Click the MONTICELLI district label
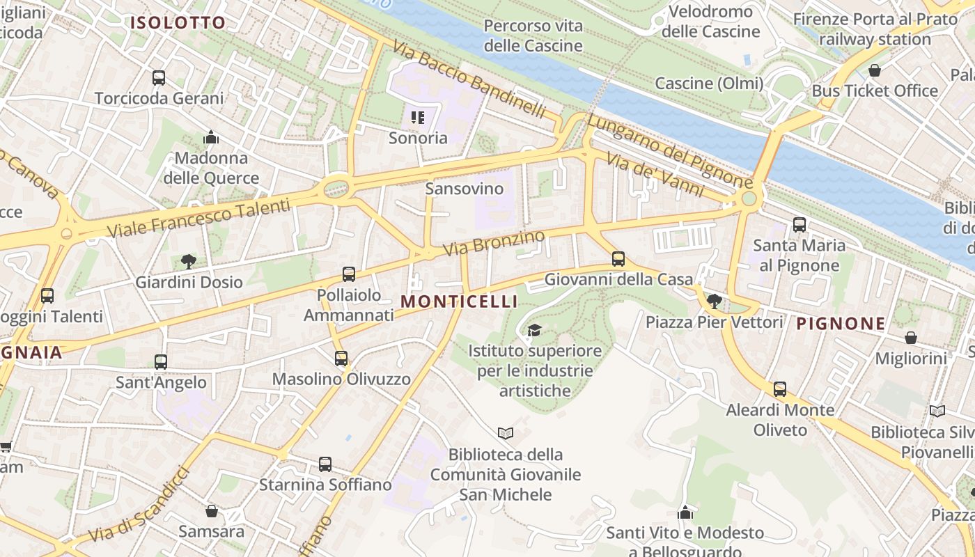pyautogui.click(x=460, y=301)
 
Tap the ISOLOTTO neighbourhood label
pyautogui.click(x=178, y=23)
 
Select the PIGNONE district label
pyautogui.click(x=841, y=324)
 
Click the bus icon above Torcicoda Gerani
pyautogui.click(x=159, y=77)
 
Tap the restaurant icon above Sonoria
pyautogui.click(x=418, y=117)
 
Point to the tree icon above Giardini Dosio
pyautogui.click(x=188, y=262)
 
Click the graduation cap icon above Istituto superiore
pyautogui.click(x=534, y=330)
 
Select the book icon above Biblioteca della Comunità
pyautogui.click(x=506, y=434)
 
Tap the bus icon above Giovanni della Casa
pyautogui.click(x=618, y=259)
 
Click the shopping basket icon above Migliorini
pyautogui.click(x=911, y=338)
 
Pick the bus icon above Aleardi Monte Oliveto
pyautogui.click(x=780, y=389)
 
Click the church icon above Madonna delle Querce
pyautogui.click(x=211, y=138)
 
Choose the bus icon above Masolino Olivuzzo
pyautogui.click(x=341, y=359)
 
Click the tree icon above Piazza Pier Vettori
pyautogui.click(x=714, y=301)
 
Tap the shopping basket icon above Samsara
pyautogui.click(x=212, y=512)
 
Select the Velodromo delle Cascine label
pyautogui.click(x=710, y=22)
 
